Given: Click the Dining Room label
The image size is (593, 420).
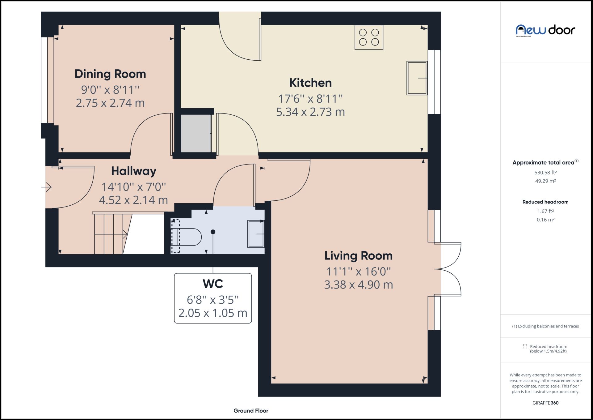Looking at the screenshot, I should click(x=110, y=74).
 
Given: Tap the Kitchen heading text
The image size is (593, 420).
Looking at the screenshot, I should click(x=310, y=83).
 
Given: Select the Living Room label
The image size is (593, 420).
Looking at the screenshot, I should click(x=358, y=256).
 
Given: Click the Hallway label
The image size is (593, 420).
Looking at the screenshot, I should click(x=133, y=171).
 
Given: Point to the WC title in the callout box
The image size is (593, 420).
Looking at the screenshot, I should click(x=213, y=284).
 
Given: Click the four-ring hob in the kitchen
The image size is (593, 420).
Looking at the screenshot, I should click(x=369, y=37).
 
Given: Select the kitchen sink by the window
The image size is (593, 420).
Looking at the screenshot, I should click(x=417, y=78).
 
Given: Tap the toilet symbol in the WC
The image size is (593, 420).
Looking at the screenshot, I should click(x=187, y=237).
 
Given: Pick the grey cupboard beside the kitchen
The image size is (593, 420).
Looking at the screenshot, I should click(x=196, y=133).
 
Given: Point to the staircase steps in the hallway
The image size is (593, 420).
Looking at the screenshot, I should click(x=110, y=234).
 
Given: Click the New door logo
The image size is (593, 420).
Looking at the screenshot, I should click(x=545, y=30).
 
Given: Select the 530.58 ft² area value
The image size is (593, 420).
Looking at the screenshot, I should click(x=545, y=173).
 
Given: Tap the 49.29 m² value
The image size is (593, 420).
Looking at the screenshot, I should click(x=545, y=181).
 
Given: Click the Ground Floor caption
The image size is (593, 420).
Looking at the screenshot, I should click(x=251, y=411).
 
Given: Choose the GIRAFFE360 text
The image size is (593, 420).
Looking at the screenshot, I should click(x=545, y=403).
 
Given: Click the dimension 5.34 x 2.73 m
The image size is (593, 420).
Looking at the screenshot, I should click(x=310, y=112).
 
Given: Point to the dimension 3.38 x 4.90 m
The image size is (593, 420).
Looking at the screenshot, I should click(x=358, y=285).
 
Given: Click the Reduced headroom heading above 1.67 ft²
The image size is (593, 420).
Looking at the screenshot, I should click(x=545, y=202).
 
